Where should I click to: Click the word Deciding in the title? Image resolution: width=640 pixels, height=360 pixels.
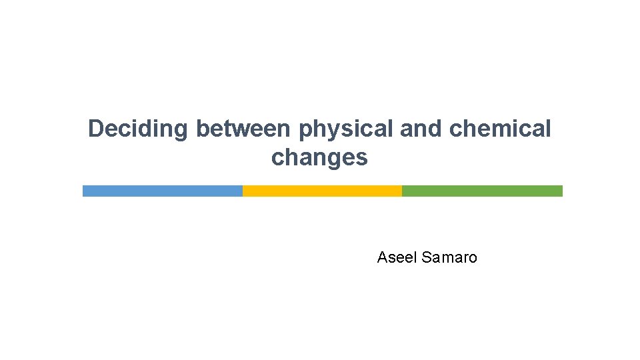(139, 129)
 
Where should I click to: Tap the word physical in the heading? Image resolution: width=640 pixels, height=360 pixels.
(346, 129)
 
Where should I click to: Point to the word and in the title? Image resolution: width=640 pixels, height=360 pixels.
(422, 129)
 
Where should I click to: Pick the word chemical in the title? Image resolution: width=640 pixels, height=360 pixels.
(501, 129)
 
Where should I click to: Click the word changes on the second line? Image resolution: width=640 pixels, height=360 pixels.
(319, 158)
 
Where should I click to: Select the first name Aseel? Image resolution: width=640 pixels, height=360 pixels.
(397, 257)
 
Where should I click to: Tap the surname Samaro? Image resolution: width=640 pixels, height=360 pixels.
(450, 257)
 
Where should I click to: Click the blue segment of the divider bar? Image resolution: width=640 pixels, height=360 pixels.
(162, 191)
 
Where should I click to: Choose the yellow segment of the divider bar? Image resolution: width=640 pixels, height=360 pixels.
(322, 191)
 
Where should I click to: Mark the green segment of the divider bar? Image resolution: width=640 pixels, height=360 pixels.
(482, 191)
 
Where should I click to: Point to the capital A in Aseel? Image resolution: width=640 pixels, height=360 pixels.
(382, 257)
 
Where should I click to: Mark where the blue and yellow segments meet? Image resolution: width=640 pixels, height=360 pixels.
(243, 191)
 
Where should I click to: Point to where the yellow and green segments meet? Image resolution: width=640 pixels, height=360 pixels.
(402, 191)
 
